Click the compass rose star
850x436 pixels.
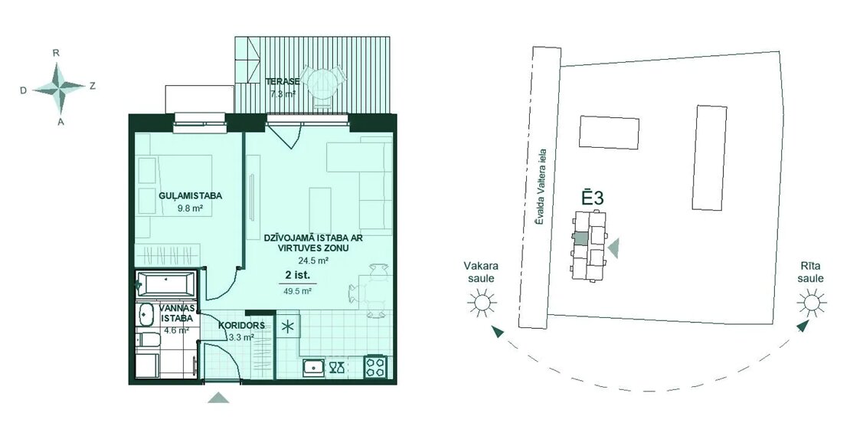58,87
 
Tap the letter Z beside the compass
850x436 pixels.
92,86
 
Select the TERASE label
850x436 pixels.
283,82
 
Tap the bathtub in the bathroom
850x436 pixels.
165,283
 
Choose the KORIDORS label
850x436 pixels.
242,326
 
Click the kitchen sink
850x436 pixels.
313,368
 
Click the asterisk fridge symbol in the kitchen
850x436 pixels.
288,326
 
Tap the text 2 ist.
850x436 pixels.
297,275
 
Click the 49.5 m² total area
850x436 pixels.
298,290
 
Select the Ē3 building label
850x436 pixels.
593,198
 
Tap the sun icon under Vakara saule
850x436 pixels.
482,302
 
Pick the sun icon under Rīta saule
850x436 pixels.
812,302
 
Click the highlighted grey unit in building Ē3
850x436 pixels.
580,238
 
